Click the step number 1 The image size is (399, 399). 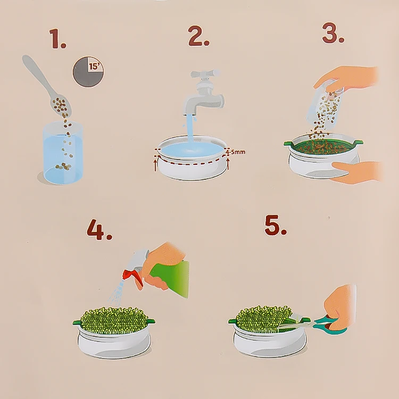pos(57,38)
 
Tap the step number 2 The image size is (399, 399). pos(198,36)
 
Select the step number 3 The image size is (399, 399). pos(333,33)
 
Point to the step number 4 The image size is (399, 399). pos(99,230)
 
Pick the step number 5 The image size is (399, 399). pos(276,225)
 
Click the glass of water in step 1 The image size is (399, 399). pos(63,153)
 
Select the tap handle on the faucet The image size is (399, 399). pos(205,74)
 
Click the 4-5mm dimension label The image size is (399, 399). pos(235,152)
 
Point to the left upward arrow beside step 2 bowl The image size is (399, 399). pos(155,164)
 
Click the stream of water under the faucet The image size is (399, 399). pos(190,129)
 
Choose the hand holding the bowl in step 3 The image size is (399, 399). pos(356,172)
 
